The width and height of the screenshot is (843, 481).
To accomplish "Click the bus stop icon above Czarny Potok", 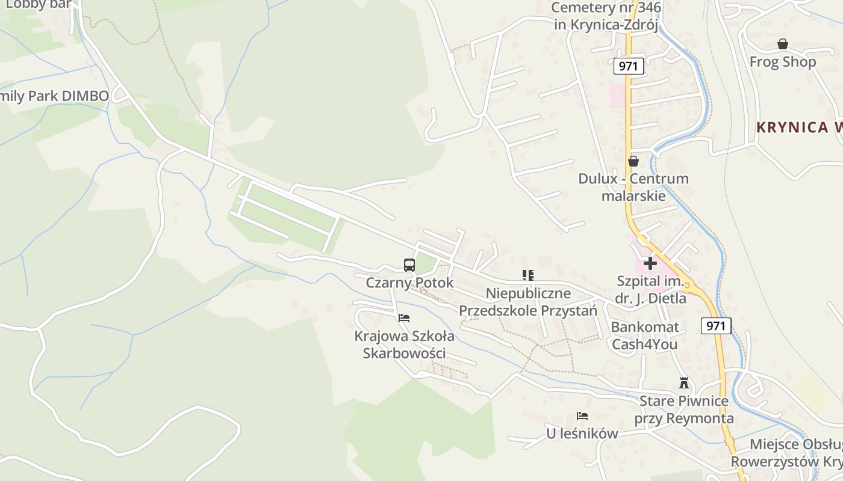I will point(409,265).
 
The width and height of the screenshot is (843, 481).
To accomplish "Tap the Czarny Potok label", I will point(409,283).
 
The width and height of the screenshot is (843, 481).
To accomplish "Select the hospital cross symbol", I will point(650,263).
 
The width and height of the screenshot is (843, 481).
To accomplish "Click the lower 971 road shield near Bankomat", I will point(716,326).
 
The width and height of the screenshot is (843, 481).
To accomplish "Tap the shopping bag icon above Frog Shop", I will point(782,44).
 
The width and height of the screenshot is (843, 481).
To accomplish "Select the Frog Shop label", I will point(782,62).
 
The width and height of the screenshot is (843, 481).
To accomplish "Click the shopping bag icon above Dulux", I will point(633,161).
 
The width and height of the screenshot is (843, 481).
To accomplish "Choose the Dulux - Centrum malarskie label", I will point(633,187).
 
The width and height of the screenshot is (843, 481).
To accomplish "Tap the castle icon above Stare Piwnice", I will point(683,382).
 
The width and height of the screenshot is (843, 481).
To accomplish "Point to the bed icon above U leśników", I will point(582,415).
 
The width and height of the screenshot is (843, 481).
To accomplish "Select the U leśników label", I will point(582,434).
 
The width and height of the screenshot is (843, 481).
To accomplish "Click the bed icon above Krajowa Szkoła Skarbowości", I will point(404,317).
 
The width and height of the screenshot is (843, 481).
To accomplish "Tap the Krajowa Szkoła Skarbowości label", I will point(404,345).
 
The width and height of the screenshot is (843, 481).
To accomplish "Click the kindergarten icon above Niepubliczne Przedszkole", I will point(528,275).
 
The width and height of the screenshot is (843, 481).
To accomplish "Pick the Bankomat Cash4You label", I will point(644,335).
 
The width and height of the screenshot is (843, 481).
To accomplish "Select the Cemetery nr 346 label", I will point(607,16).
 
